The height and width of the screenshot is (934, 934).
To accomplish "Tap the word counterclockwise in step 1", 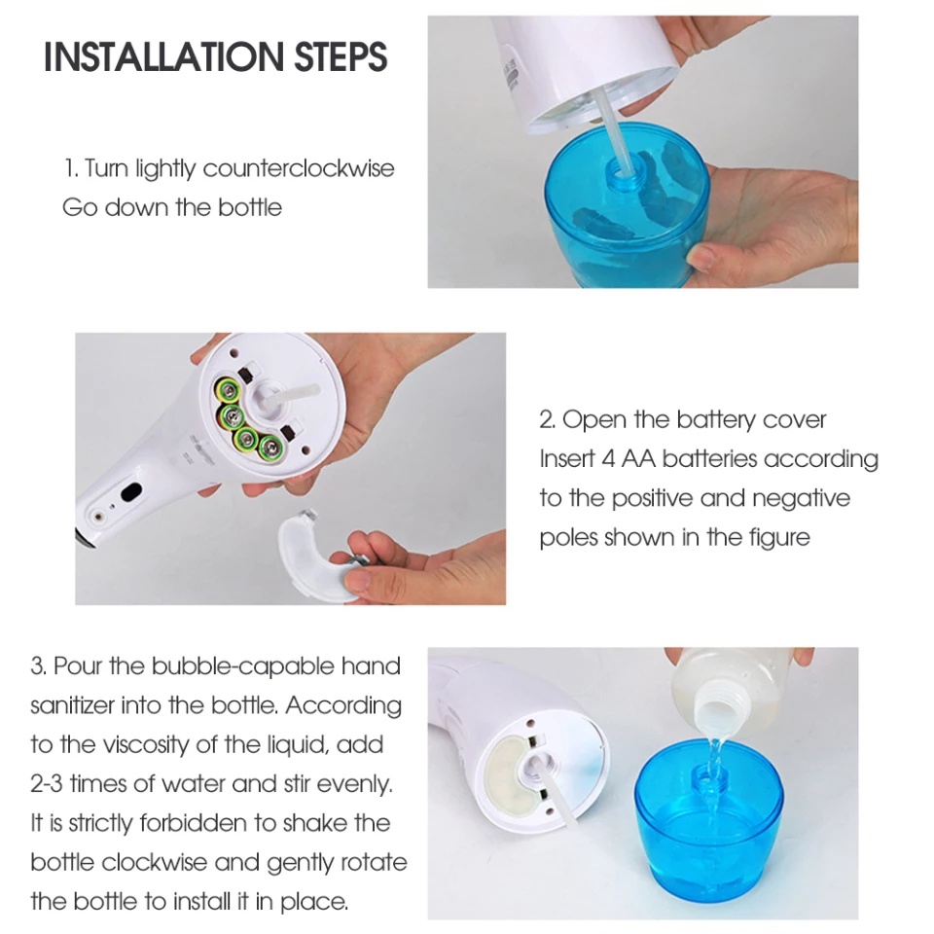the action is [x=299, y=168].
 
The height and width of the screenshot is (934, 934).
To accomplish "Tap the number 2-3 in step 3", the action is [x=47, y=784].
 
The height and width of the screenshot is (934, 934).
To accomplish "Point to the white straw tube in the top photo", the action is [x=616, y=127].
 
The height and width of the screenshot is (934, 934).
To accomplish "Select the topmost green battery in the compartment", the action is [x=227, y=389].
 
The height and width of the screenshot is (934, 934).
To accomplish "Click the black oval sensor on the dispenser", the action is [x=131, y=492].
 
